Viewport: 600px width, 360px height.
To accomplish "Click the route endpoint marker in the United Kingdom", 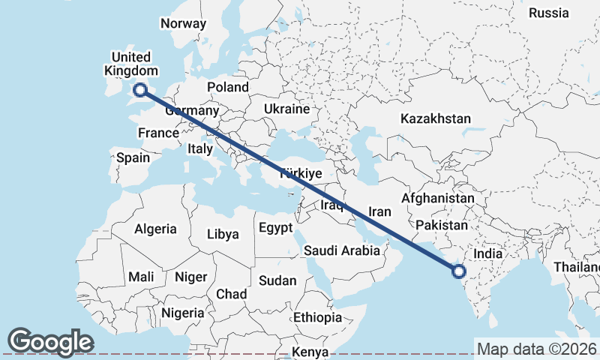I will coord(139,91).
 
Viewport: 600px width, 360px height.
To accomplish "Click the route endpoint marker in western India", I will coord(459,272).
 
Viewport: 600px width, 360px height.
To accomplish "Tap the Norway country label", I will coord(183,23).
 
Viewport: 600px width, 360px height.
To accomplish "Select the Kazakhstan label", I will coord(436,118).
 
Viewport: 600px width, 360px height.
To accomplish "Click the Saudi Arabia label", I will coord(342,251).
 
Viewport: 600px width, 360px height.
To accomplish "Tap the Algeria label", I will coord(155,229).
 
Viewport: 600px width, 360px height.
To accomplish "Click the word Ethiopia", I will coord(317,317).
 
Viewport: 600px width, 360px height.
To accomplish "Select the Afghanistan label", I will coord(438,198).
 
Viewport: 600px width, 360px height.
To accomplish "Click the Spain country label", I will coord(133,157).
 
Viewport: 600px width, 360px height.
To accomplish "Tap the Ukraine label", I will coord(286,109).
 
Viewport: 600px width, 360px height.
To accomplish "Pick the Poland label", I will coord(227,86).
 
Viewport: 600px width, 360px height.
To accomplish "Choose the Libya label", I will coord(222,234).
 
